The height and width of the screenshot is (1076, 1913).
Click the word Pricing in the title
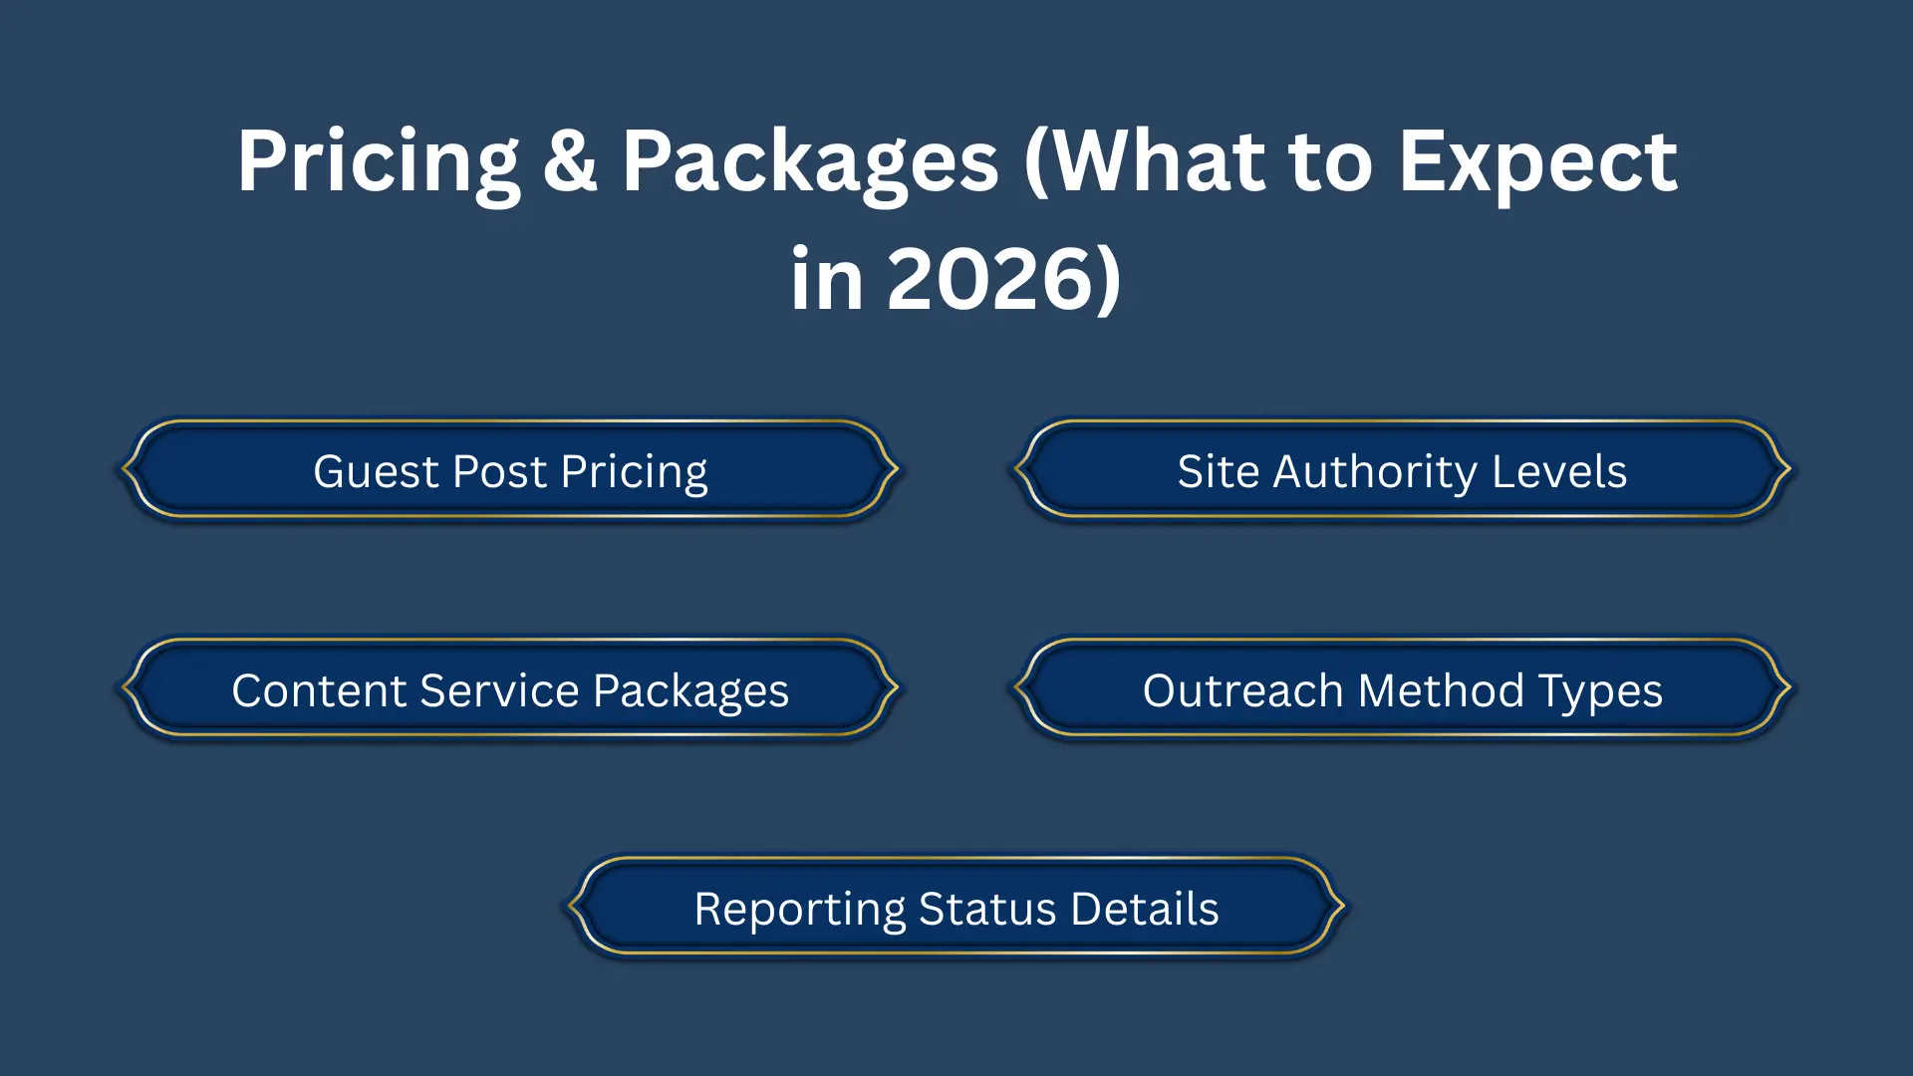click(x=379, y=164)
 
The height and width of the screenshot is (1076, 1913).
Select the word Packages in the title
click(x=810, y=164)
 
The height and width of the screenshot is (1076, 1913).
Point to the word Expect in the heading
click(x=1537, y=164)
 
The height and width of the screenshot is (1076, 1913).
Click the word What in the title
click(x=1145, y=162)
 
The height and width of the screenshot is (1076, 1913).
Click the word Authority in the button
click(x=1375, y=473)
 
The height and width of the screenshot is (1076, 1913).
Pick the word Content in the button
click(x=319, y=690)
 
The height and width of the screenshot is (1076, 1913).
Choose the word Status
click(x=987, y=909)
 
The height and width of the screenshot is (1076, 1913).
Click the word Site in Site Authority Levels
click(x=1218, y=471)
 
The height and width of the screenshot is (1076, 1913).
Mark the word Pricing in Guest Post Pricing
click(x=634, y=473)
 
